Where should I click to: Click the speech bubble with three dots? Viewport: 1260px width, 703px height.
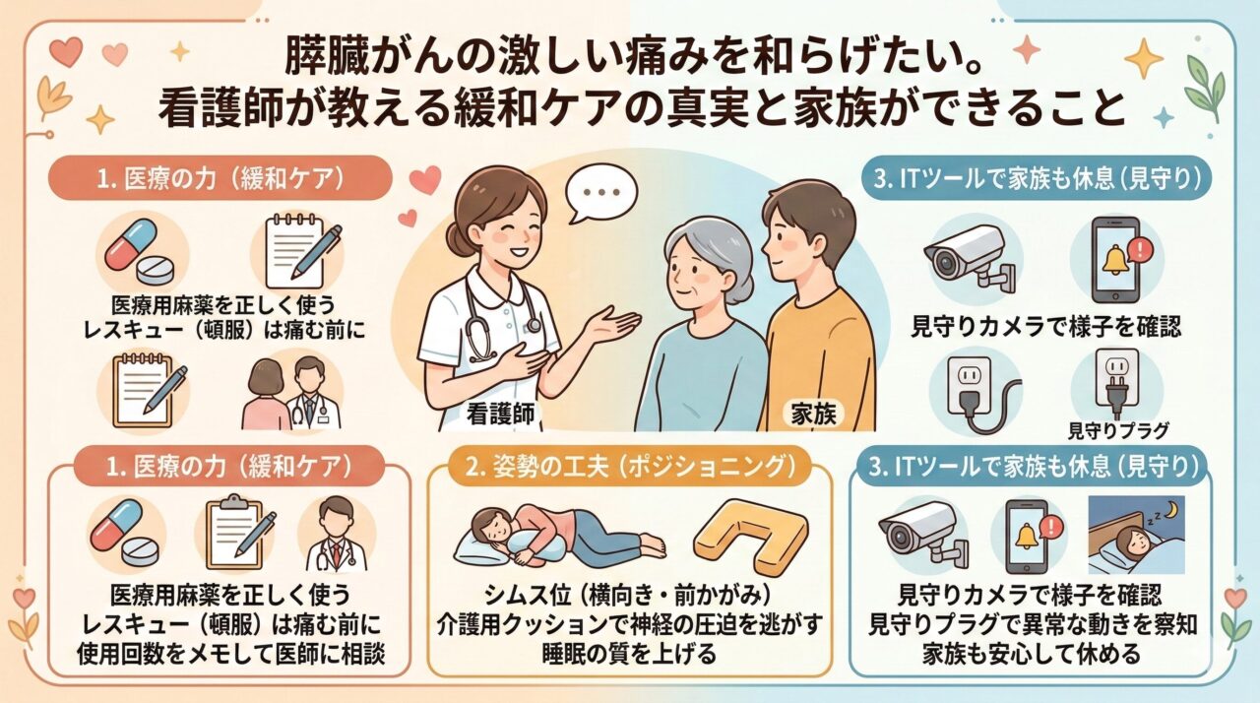click(601, 194)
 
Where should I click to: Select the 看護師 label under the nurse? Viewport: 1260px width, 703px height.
click(500, 415)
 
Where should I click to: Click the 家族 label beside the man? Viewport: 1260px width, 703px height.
click(813, 415)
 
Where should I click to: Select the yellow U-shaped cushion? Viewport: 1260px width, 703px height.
click(752, 539)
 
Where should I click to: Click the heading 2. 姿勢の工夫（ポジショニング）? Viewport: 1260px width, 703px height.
click(630, 468)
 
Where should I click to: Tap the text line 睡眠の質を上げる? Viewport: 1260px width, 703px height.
click(629, 654)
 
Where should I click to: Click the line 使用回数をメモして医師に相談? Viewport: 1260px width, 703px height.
click(231, 654)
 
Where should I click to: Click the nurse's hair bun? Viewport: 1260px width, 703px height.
click(456, 239)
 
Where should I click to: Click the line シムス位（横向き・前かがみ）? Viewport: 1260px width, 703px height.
click(628, 596)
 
